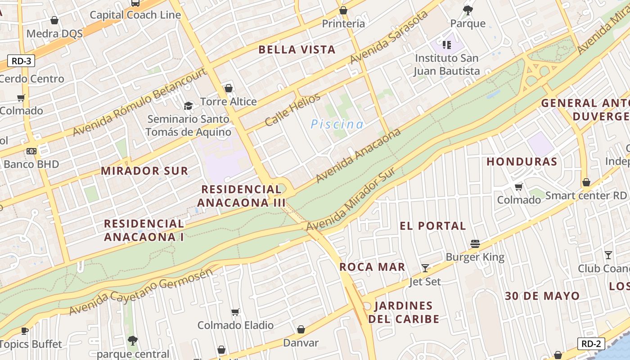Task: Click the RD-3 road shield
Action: pos(21,61)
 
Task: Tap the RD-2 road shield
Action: pos(591,344)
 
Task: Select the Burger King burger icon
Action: pos(475,244)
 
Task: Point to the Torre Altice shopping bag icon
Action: pos(229,88)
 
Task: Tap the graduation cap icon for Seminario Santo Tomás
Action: pos(188,106)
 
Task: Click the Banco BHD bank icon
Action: pos(31,151)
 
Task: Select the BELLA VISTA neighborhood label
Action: pos(297,50)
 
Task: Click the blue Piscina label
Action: pos(337,124)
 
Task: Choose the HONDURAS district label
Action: pos(522,162)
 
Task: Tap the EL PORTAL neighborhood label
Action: pos(433,226)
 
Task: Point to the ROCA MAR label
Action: pos(372,267)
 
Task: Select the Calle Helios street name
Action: pos(292,109)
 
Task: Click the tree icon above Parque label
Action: pos(468,10)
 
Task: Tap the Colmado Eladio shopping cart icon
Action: pos(235,312)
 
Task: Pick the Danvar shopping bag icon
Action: pos(301,330)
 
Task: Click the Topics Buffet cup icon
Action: pos(25,331)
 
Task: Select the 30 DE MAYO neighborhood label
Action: pos(542,296)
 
